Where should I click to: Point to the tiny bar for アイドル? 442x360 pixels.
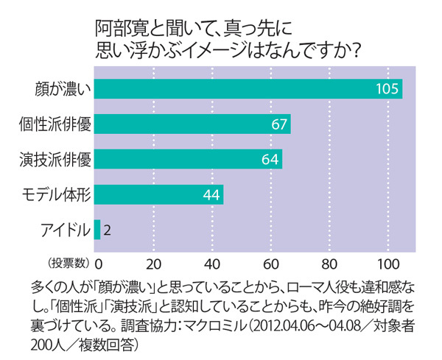coord(97,230)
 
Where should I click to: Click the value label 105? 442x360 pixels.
coord(386,89)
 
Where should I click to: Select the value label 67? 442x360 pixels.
coord(278,124)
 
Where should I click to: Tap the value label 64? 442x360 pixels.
coord(270,159)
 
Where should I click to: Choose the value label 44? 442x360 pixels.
coord(211,194)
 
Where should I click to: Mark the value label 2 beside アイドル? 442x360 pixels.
coord(108,230)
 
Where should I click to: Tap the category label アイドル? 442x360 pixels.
coord(65,230)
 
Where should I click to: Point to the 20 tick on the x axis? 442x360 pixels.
coord(154,264)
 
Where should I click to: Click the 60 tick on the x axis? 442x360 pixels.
coord(270,264)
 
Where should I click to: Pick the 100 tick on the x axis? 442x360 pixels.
coord(385,264)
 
